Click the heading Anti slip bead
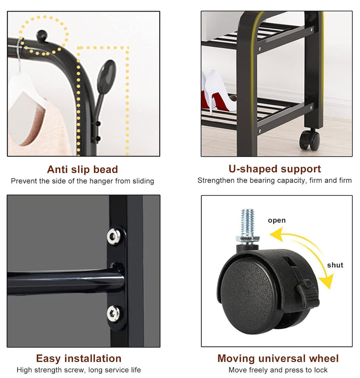(x=82, y=169)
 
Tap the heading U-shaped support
(x=275, y=169)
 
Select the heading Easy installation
(x=79, y=358)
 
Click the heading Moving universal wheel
(x=278, y=358)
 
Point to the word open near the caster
(x=277, y=220)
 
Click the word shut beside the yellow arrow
(x=335, y=265)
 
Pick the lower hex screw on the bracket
(x=113, y=314)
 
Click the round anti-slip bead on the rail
(x=42, y=35)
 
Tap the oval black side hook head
(x=106, y=73)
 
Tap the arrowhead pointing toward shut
(x=327, y=281)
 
